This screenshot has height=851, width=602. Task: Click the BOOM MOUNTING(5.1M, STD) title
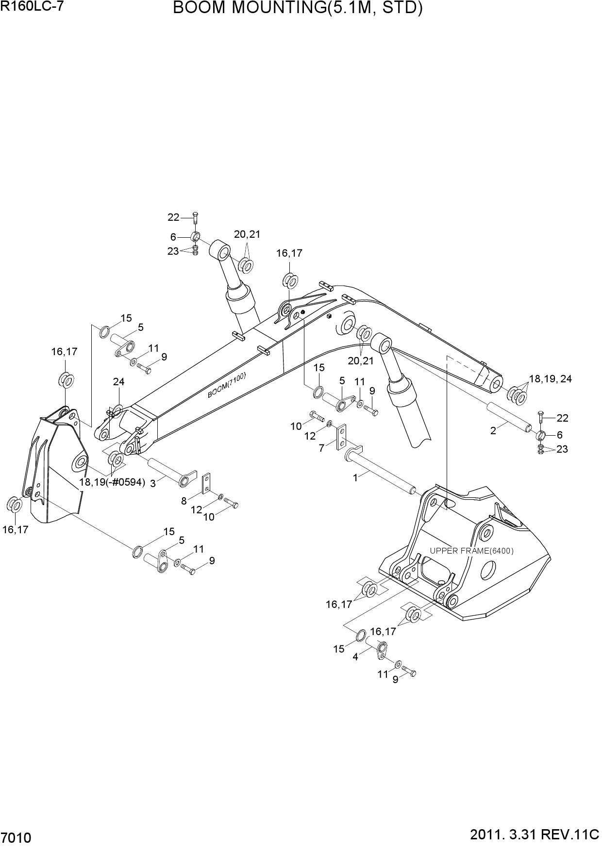pos(298,8)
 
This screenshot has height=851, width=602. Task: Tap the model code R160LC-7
pos(32,6)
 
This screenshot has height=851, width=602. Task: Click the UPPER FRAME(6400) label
pos(471,551)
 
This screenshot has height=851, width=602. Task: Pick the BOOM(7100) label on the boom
pos(227,385)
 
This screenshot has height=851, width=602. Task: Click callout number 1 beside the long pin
pos(355,478)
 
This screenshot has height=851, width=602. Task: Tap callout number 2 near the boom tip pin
pos(493,430)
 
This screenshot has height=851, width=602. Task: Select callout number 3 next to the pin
pos(152,483)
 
